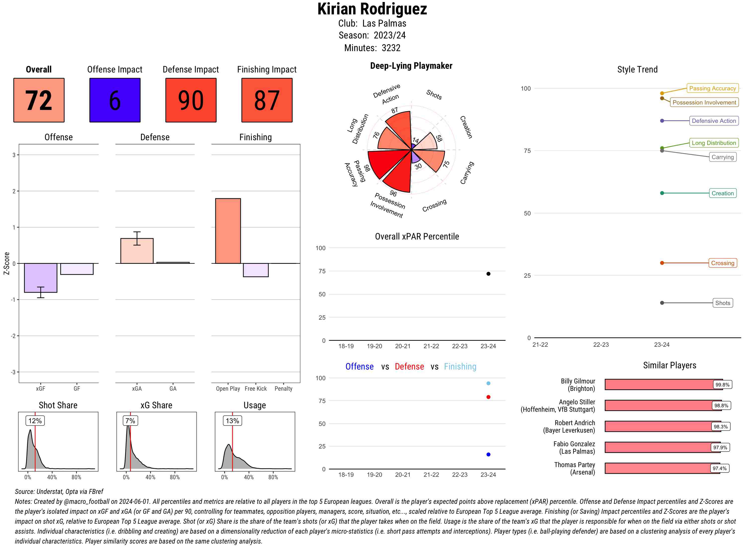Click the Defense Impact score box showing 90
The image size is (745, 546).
191,100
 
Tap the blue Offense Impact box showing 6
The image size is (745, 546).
115,100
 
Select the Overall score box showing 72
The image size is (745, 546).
39,100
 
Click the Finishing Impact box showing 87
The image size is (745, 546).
267,100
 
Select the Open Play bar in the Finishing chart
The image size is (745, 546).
228,231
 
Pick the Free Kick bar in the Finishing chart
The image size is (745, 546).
256,270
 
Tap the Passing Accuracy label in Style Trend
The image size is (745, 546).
712,88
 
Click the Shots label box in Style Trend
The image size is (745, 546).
722,303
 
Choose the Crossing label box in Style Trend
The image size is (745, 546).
722,263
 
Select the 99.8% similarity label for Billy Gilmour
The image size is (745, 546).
722,385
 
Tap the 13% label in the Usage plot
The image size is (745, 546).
232,421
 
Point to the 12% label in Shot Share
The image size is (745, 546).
35,421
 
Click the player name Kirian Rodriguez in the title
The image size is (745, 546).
372,9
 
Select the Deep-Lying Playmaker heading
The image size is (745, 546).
411,66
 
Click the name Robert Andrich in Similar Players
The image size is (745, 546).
575,423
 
